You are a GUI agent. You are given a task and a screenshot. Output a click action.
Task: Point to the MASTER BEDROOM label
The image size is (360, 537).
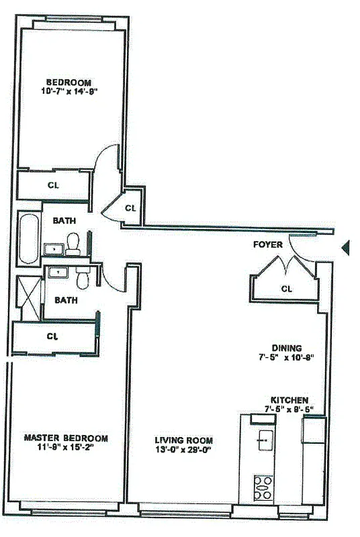(66, 438)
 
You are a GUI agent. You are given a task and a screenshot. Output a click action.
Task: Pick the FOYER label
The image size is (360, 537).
(267, 244)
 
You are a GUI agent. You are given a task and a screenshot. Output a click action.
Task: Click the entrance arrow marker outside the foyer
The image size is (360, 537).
(346, 248)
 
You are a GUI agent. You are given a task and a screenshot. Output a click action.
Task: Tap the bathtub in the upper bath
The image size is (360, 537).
(28, 238)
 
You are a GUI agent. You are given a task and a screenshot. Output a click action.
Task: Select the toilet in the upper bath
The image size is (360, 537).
(74, 242)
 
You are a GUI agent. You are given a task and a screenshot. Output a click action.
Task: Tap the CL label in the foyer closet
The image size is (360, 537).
(286, 289)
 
